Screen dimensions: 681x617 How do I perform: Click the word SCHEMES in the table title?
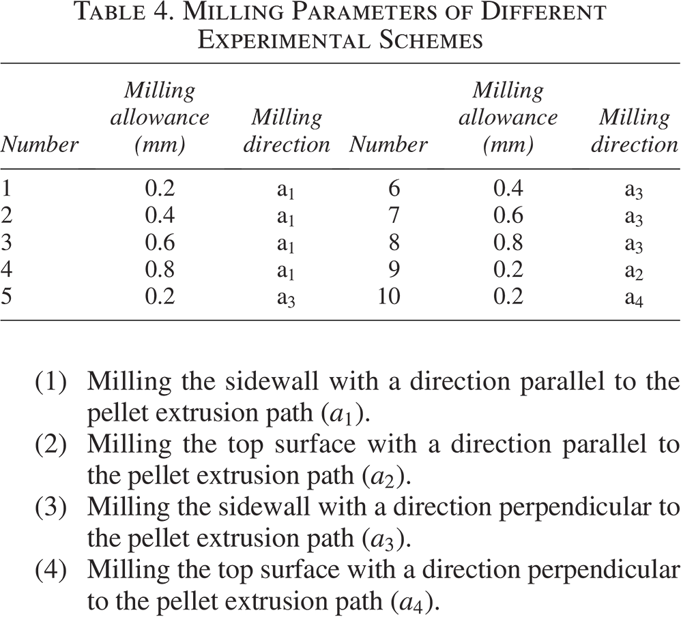431,40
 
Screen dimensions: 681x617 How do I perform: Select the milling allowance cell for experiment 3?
160,242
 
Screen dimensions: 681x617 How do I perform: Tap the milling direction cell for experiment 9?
634,271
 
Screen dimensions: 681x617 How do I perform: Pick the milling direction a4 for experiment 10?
634,299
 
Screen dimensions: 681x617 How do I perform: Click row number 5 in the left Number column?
6,297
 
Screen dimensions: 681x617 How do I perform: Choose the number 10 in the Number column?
389,297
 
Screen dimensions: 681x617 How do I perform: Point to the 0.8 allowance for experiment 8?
508,242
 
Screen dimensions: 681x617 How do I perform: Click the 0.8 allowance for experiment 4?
160,269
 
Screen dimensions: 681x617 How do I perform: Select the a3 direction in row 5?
286,299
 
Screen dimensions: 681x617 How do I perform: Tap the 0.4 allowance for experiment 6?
508,188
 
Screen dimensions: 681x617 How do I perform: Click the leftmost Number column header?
39,144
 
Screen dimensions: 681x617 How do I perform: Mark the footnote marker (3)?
50,507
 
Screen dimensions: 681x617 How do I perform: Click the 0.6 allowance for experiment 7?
508,215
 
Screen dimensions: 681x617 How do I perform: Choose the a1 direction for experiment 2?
286,217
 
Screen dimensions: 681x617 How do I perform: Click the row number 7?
394,215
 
